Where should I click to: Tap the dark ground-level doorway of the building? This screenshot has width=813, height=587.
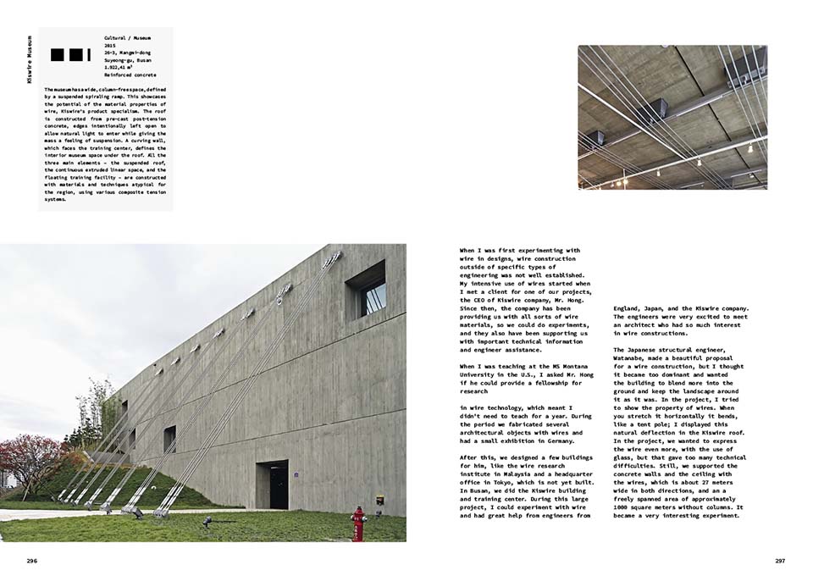pyautogui.click(x=273, y=484)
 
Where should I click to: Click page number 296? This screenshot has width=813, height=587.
pyautogui.click(x=31, y=561)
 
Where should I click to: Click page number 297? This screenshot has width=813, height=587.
pyautogui.click(x=780, y=561)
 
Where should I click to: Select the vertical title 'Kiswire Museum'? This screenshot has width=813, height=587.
pyautogui.click(x=29, y=59)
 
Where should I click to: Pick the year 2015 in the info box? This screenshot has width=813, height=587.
pyautogui.click(x=111, y=47)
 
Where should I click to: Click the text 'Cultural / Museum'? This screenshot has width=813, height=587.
pyautogui.click(x=128, y=39)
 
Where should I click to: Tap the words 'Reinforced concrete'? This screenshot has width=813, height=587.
pyautogui.click(x=130, y=75)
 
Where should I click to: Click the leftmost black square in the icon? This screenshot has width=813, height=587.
pyautogui.click(x=57, y=55)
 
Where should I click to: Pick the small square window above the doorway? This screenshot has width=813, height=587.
pyautogui.click(x=169, y=438)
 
